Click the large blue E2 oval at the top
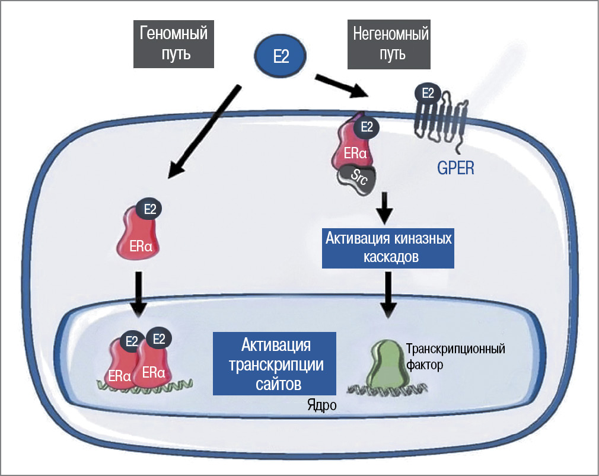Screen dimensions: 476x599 pos(281,56)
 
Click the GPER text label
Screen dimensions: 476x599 pos(457,168)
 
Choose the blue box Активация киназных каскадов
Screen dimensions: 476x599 pos(388,248)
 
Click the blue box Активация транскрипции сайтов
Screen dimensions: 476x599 pos(275,363)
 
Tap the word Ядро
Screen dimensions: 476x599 pos(322,405)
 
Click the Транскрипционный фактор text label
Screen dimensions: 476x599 pos(455,356)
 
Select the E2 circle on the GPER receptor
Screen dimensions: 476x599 pos(427,93)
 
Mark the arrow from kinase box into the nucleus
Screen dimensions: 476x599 pos(388,293)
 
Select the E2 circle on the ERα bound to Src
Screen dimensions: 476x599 pos(366,126)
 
